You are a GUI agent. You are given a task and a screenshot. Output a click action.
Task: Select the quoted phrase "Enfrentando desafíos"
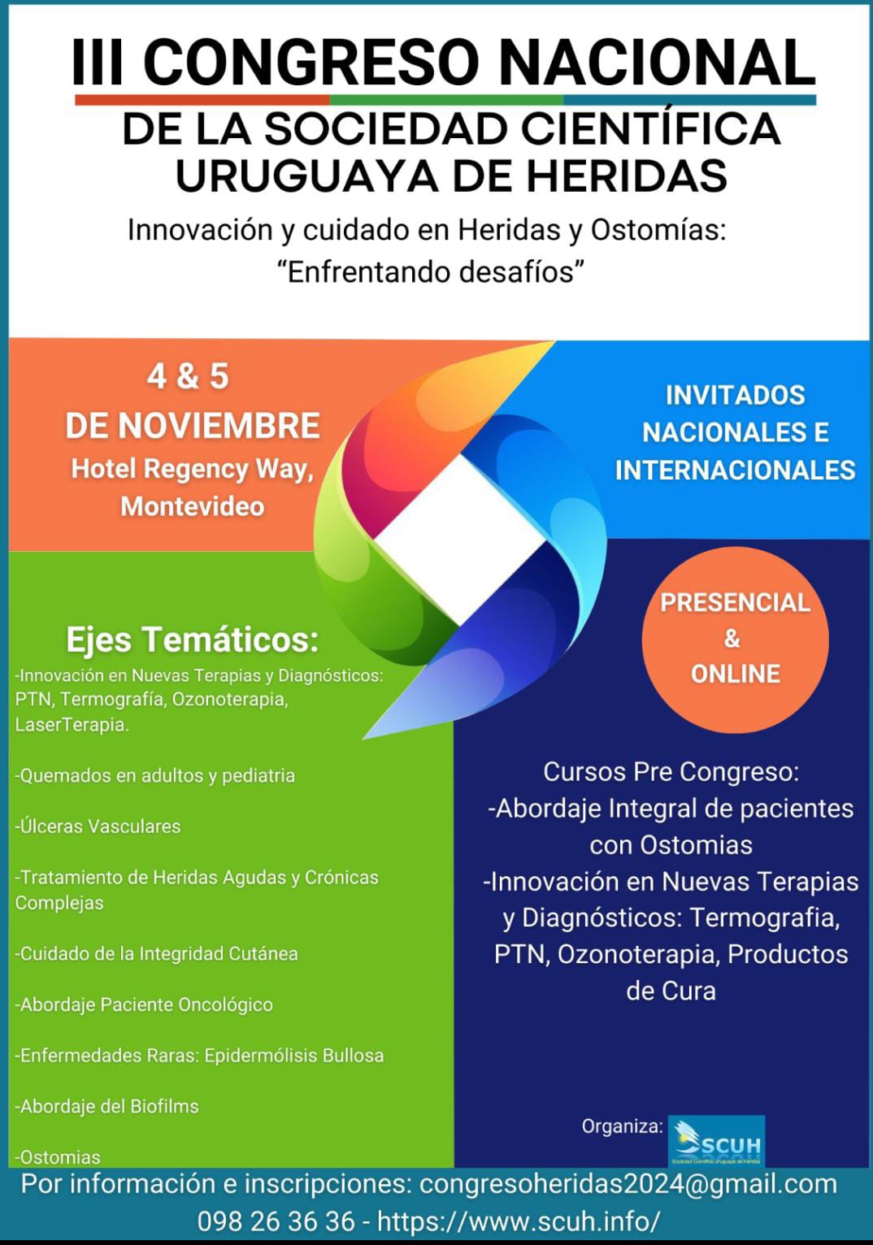pos(432,272)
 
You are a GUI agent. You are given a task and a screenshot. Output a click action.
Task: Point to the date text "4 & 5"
pos(188,376)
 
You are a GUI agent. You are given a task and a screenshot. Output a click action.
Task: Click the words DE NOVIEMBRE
pos(193,426)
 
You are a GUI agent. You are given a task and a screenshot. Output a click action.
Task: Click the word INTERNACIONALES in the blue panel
pos(735,471)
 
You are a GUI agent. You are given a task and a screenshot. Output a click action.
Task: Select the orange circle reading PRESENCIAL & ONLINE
pos(735,640)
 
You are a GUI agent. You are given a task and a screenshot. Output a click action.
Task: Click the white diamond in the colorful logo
pos(460,540)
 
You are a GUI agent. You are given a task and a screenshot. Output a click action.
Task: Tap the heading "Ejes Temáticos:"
pos(193,640)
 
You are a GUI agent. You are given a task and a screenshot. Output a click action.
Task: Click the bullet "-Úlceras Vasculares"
pos(98,826)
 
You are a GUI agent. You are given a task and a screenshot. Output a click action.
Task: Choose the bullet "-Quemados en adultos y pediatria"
pos(155,775)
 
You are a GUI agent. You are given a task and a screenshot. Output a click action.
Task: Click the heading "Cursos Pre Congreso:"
pos(671,772)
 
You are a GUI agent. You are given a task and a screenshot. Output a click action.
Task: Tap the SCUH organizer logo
pos(716,1141)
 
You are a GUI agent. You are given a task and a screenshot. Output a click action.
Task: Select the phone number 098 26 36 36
pos(276,1221)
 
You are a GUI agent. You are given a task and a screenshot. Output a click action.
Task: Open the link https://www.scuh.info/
pos(519,1221)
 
